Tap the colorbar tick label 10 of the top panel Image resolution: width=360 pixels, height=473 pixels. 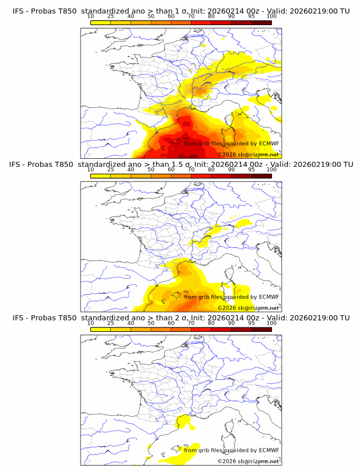[90, 16]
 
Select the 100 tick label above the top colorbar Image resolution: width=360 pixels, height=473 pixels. [271, 16]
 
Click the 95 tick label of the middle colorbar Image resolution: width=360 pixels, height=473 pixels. [251, 170]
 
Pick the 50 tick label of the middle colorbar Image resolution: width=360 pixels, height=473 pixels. [151, 170]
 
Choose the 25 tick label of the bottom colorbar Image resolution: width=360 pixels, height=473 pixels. [110, 323]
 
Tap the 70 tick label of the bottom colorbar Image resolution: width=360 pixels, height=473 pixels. [191, 323]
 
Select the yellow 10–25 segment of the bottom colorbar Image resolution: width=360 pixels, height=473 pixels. [101, 329]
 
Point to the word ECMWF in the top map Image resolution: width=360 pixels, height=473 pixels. [269, 144]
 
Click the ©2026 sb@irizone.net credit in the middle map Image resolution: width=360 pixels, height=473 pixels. [248, 307]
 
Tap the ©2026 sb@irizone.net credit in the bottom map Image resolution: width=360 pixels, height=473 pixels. [248, 460]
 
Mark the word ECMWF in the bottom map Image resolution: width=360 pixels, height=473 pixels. [269, 450]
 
